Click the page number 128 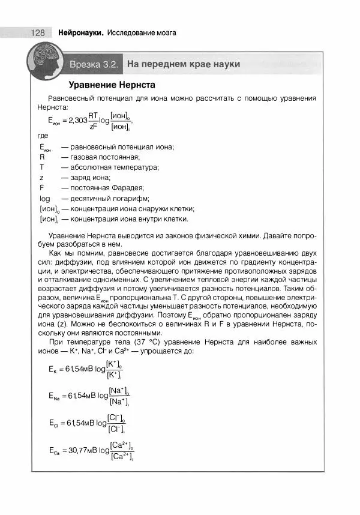[x=37, y=32]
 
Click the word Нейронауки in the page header [x=80, y=32]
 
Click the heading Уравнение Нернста [x=112, y=85]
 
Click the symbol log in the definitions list [x=45, y=198]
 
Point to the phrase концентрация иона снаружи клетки [x=132, y=208]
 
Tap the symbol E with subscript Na [x=54, y=396]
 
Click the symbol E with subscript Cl [x=53, y=423]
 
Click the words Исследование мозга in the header [x=142, y=32]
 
